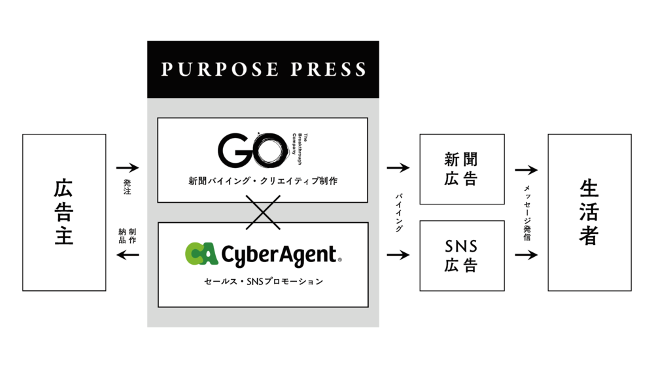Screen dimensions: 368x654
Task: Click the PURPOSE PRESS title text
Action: coord(263,69)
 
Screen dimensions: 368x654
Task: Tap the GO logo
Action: coord(254,151)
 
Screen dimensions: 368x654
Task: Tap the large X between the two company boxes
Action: coord(262,212)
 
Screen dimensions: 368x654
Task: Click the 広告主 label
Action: coord(63,212)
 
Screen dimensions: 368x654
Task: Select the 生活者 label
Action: coord(589,212)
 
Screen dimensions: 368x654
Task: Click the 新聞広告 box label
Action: coord(461,169)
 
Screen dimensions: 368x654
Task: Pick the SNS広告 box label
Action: coord(461,256)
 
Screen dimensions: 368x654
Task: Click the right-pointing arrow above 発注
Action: coord(128,168)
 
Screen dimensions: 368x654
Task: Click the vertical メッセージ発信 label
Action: coord(526,212)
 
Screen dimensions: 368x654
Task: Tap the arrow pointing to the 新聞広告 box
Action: coord(398,168)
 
